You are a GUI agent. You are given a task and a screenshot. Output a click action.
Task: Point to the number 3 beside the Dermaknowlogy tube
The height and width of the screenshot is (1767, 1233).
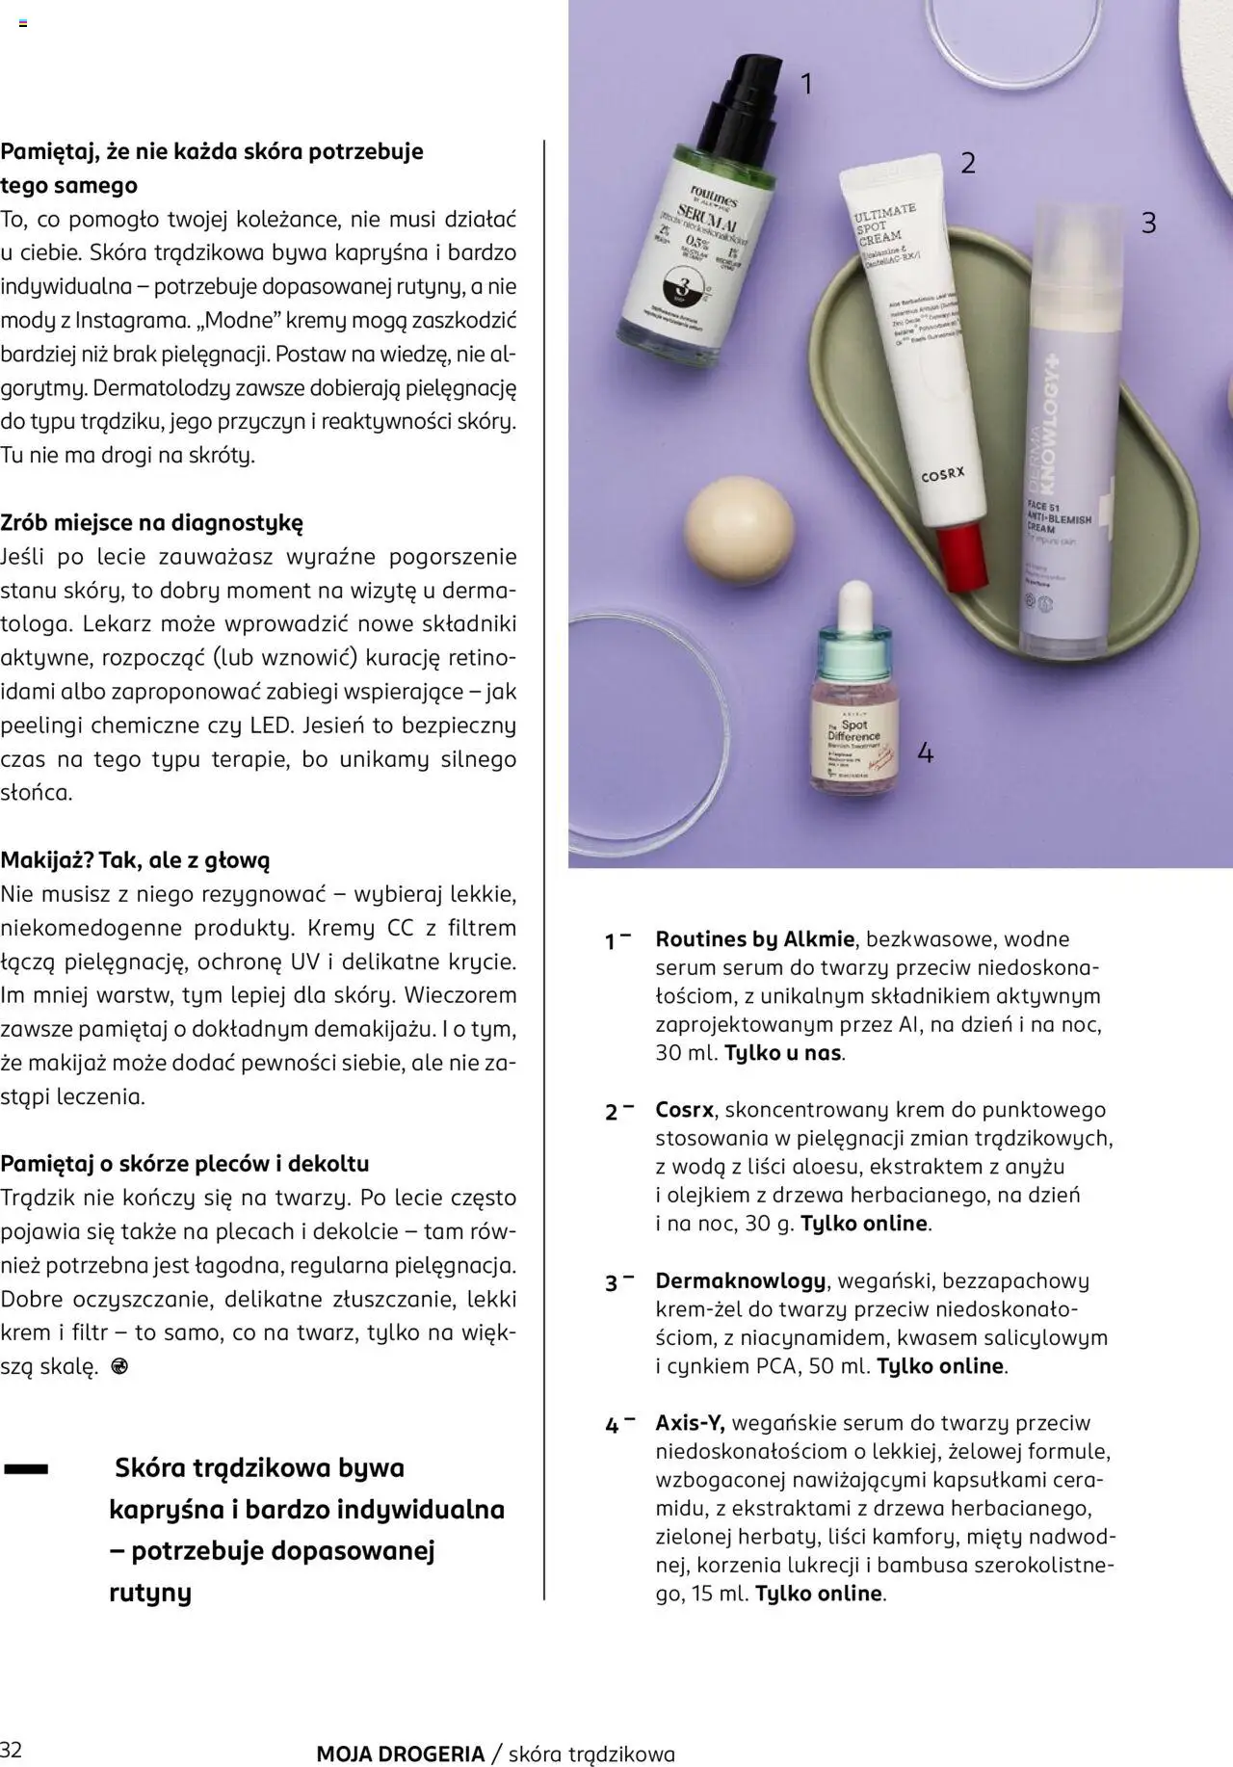pyautogui.click(x=1148, y=224)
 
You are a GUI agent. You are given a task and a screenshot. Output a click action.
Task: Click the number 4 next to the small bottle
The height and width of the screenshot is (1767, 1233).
pyautogui.click(x=925, y=752)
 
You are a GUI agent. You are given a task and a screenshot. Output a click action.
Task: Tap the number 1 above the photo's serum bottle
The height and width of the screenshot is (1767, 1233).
pyautogui.click(x=807, y=85)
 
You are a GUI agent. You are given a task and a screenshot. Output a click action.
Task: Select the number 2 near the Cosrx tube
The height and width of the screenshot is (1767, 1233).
pyautogui.click(x=968, y=163)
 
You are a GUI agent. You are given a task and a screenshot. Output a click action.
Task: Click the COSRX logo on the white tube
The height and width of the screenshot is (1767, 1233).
pyautogui.click(x=944, y=475)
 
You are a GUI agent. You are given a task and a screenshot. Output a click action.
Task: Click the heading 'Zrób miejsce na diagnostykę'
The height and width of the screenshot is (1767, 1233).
pyautogui.click(x=151, y=523)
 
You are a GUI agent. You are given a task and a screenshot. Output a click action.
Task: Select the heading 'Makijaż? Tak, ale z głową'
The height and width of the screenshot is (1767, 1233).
pyautogui.click(x=135, y=859)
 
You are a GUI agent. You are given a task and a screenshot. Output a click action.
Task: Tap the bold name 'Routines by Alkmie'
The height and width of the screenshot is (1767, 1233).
pyautogui.click(x=754, y=939)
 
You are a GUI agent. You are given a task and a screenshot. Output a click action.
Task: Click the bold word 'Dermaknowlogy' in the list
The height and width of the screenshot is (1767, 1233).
pyautogui.click(x=740, y=1280)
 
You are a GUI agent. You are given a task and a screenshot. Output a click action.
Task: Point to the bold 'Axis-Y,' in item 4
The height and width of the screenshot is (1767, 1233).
pyautogui.click(x=690, y=1422)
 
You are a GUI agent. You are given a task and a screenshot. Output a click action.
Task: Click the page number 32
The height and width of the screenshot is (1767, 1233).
pyautogui.click(x=12, y=1749)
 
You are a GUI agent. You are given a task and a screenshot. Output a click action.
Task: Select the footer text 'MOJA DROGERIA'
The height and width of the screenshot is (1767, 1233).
pyautogui.click(x=400, y=1754)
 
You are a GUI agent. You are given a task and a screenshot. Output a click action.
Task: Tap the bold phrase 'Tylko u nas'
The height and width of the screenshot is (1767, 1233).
pyautogui.click(x=782, y=1053)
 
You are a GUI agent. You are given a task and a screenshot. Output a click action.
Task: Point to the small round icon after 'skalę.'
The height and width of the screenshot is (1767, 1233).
pyautogui.click(x=119, y=1366)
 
